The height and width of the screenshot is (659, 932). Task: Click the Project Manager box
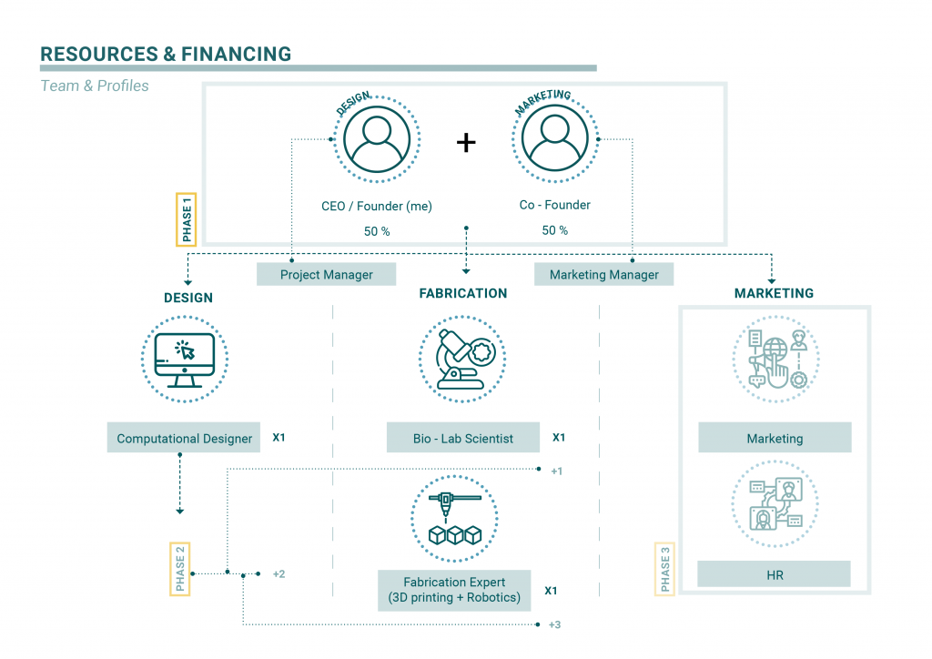326,274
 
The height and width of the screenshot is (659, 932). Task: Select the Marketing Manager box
603,274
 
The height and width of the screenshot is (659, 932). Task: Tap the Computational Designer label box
184,438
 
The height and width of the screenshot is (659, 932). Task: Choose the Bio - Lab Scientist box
462,438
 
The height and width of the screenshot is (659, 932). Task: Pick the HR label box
775,574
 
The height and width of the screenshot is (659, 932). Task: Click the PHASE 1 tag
187,218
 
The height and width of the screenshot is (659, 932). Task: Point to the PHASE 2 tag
180,568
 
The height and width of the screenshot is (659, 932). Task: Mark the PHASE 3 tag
665,569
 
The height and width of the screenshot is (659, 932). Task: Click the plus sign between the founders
465,142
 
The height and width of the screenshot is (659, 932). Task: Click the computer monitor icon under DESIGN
185,358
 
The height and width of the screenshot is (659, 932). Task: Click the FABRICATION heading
462,294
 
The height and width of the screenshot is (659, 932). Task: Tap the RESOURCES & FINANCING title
166,54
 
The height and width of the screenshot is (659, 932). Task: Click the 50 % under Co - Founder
554,230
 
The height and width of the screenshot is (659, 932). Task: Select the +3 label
555,625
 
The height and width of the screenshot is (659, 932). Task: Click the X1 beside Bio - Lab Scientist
559,438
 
